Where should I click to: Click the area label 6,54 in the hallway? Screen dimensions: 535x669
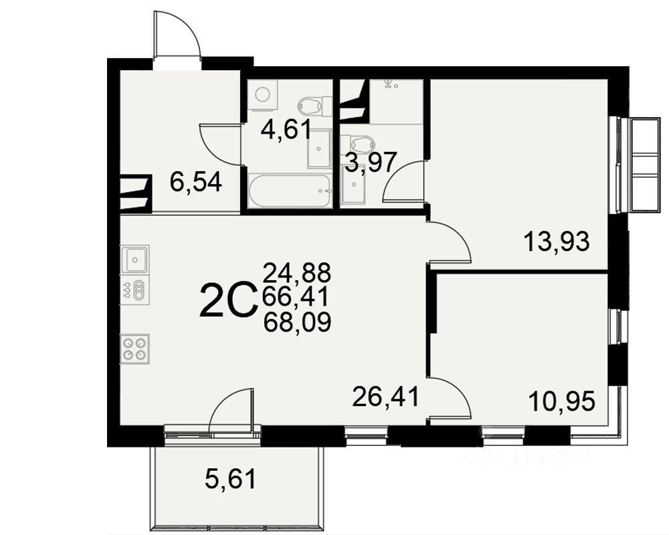tap(195, 182)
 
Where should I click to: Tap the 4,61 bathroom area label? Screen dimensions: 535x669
tap(286, 129)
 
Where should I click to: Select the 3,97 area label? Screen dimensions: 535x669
tap(371, 162)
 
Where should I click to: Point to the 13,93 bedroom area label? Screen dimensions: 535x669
tap(557, 241)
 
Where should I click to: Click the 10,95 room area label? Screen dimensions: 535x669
tap(561, 401)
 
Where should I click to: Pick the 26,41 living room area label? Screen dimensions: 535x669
tap(385, 397)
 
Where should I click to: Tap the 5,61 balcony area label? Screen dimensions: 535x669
tap(229, 478)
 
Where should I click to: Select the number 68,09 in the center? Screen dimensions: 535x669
tap(297, 323)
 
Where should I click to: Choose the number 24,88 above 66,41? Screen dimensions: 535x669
tap(297, 272)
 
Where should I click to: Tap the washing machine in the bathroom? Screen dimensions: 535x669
tap(262, 96)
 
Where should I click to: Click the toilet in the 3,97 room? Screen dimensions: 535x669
tap(358, 144)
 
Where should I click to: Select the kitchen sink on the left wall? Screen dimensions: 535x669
tap(135, 258)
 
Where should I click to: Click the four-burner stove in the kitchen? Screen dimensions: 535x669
tap(134, 349)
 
